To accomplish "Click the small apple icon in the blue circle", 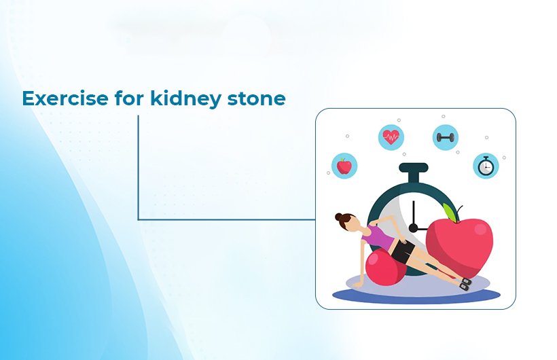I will [x=344, y=165].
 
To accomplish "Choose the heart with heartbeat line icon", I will [x=391, y=138].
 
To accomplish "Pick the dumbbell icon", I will [x=445, y=138].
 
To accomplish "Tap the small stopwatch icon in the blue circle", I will [x=486, y=165].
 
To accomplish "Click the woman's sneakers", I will [x=466, y=283].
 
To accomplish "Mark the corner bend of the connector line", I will [x=139, y=219].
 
